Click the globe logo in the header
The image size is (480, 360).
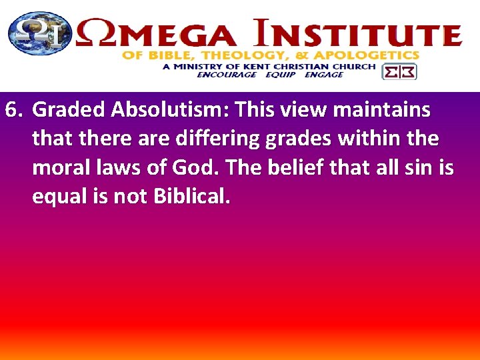[39, 34]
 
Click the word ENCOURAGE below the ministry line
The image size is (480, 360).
[226, 75]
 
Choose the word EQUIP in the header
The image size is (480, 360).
[280, 75]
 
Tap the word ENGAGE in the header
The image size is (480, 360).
[323, 75]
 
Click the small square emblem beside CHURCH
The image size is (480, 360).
[399, 71]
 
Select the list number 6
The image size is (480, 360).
[13, 109]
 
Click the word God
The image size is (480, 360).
[203, 168]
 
